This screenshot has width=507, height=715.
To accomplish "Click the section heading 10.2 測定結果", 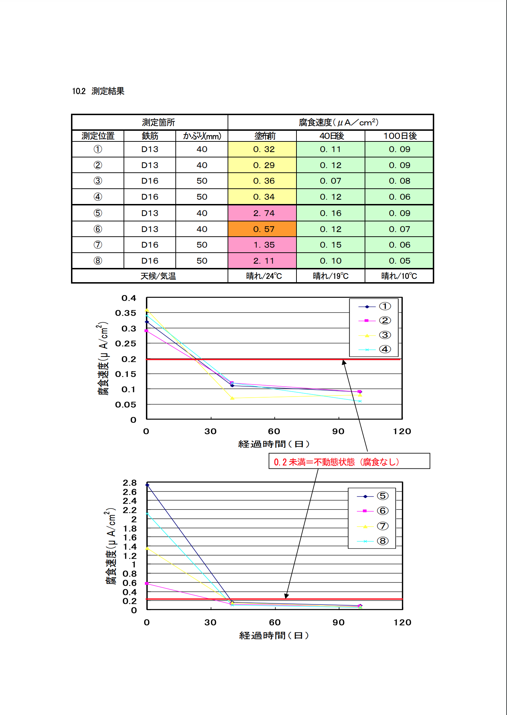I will point(98,91).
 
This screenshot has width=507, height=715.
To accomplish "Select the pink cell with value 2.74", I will point(263,213).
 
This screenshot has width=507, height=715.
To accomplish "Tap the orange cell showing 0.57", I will point(263,229).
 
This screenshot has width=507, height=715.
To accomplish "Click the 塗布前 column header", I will point(265,136).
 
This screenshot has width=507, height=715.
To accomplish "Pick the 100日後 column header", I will point(400,136).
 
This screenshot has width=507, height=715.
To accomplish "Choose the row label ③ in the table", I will point(98,181).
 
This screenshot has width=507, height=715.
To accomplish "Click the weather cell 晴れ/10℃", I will point(399,276).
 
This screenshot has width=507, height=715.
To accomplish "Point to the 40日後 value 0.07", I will point(330,181).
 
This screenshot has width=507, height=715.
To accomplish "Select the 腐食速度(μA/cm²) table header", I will point(338,123).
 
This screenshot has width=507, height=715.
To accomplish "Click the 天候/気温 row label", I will point(158,276).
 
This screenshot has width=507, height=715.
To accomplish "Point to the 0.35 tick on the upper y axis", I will point(126,313).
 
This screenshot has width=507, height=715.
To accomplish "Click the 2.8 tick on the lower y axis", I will point(130,483).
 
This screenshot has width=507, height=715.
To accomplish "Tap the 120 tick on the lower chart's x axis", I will point(402,622).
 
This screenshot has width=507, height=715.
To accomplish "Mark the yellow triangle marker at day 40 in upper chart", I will point(232,398).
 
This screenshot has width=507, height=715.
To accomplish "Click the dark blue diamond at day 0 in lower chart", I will point(147,485).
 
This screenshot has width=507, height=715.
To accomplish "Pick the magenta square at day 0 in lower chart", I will point(147,584).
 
